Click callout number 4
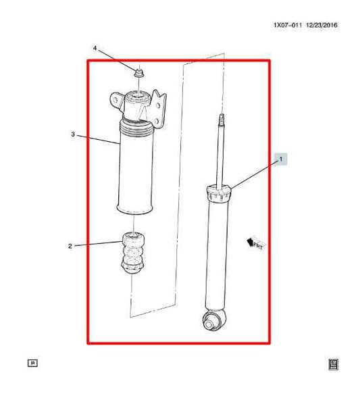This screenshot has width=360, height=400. click(95, 49)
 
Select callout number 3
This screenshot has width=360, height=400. click(72, 134)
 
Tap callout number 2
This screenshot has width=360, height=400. click(70, 246)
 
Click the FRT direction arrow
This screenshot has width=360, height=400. click(255, 242)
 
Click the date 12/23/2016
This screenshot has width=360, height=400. click(322, 26)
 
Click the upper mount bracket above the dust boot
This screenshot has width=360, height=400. click(138, 104)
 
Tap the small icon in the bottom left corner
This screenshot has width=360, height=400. click(32, 363)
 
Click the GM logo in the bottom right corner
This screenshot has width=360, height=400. click(333, 364)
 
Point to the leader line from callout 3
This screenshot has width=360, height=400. click(98, 139)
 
